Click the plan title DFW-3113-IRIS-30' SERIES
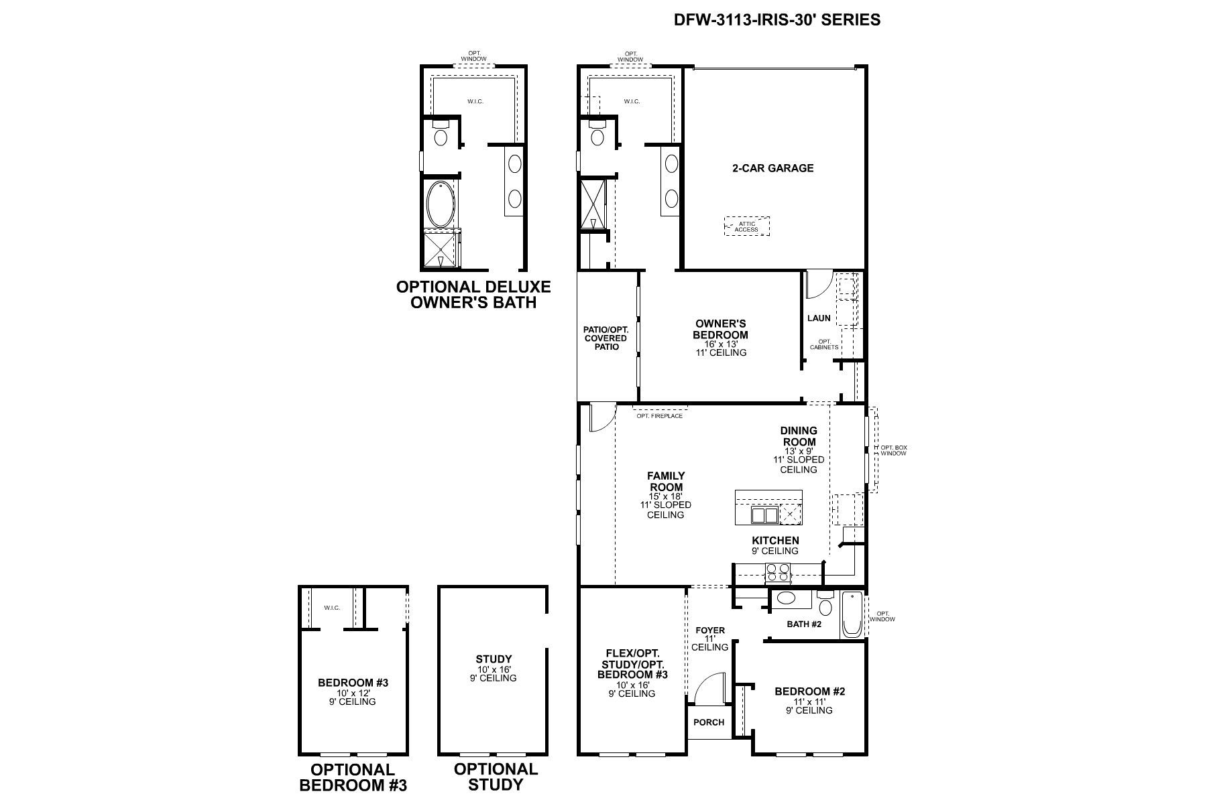[777, 20]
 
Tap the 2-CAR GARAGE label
[772, 168]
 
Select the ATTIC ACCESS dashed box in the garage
[746, 226]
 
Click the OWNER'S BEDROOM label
[720, 330]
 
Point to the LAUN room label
[819, 318]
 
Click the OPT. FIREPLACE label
[659, 416]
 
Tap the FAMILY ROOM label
[666, 482]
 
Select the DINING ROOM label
[799, 436]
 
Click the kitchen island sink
[764, 515]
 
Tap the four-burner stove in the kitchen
[778, 573]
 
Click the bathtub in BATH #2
[851, 614]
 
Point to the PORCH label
[709, 722]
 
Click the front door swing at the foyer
[709, 689]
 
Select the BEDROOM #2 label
[809, 691]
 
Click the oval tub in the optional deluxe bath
[440, 204]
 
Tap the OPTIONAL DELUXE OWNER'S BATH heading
[473, 295]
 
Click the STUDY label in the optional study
[494, 659]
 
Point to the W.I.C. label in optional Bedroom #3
[332, 608]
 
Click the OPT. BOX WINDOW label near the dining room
[893, 450]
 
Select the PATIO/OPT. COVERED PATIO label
[606, 338]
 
